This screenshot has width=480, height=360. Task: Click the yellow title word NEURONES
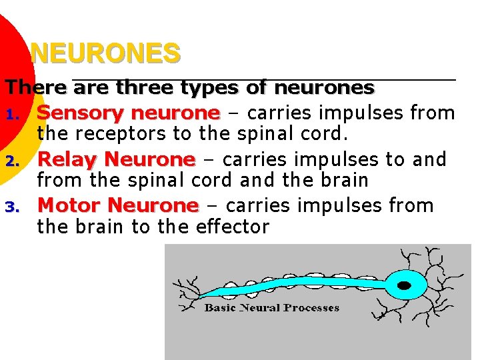pyautogui.click(x=105, y=53)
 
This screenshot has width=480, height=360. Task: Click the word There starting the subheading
pyautogui.click(x=36, y=87)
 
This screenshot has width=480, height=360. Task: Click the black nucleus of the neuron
pyautogui.click(x=403, y=285)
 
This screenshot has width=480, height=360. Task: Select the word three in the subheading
pyautogui.click(x=143, y=87)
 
